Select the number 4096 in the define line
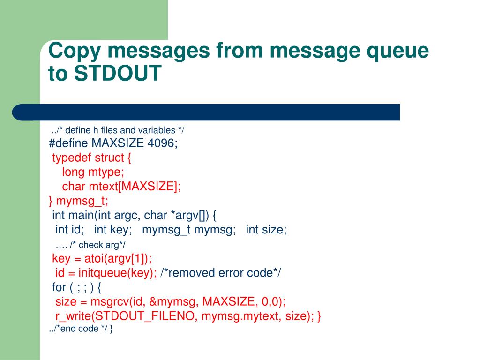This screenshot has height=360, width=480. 161,143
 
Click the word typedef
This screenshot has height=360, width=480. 72,157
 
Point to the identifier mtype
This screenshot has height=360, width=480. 105,172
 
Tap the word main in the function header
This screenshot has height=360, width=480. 80,216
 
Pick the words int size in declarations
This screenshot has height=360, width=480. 265,230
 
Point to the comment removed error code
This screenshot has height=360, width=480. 220,273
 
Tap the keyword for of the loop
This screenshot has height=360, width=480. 59,287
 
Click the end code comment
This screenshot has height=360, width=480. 80,329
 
